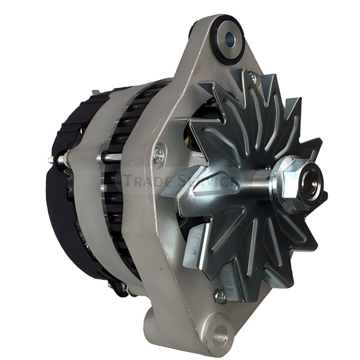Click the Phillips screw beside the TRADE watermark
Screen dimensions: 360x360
pyautogui.click(x=159, y=155)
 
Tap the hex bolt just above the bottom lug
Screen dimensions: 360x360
pyautogui.click(x=220, y=296)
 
